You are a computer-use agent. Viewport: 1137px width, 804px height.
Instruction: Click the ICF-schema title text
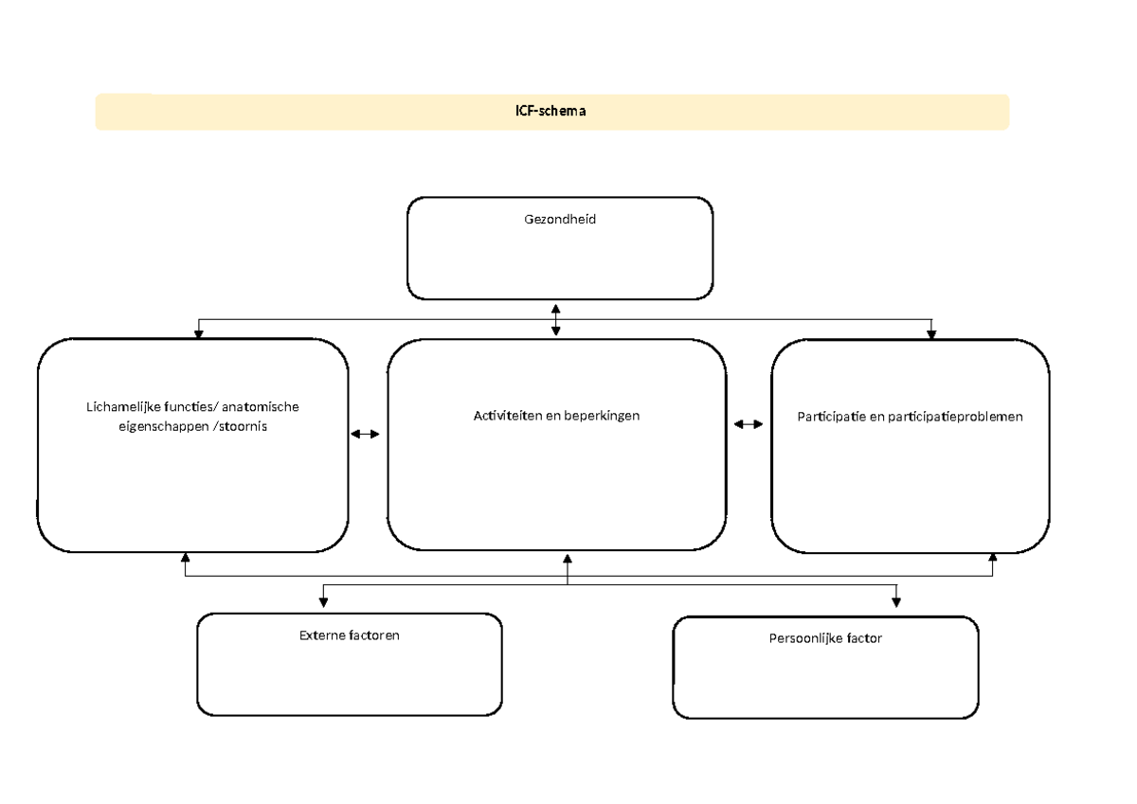point(552,111)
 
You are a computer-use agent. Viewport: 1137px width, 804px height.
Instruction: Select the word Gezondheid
point(560,219)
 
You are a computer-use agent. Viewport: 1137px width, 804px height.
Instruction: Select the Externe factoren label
point(350,634)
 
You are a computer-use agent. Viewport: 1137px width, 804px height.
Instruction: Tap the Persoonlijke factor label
point(825,638)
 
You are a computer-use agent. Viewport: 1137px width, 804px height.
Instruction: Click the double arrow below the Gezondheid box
point(556,320)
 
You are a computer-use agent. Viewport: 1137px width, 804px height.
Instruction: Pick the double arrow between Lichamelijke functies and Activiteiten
point(365,434)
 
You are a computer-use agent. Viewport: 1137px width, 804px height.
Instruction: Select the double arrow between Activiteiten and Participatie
point(749,425)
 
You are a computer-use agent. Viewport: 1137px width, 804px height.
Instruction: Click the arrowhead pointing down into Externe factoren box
point(324,600)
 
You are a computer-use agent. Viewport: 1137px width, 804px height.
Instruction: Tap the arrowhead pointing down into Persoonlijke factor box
point(896,600)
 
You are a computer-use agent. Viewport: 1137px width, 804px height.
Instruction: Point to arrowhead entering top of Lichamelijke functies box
point(198,331)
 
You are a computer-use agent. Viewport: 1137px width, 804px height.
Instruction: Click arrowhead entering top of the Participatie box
point(931,332)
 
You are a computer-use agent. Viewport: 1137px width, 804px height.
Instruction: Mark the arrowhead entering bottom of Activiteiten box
point(568,558)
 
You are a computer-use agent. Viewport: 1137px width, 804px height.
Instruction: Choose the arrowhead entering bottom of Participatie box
point(992,559)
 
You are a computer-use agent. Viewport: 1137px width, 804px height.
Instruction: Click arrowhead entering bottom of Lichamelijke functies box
point(186,558)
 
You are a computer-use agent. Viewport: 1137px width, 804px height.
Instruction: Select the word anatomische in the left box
point(262,407)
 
